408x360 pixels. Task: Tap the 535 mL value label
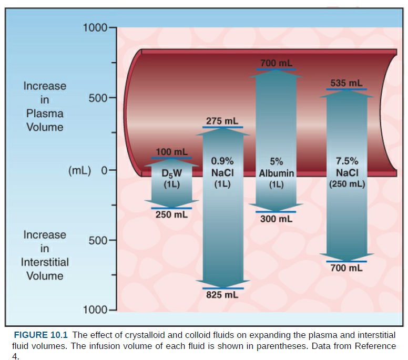346,83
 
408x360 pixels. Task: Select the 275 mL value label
222,121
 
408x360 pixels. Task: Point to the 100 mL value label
171,152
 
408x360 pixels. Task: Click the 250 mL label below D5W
171,214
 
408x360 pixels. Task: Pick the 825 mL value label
222,295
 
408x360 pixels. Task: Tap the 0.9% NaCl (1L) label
222,172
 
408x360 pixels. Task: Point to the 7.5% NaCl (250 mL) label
347,172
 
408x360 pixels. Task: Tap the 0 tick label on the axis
104,170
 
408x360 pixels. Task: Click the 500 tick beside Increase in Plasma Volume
98,98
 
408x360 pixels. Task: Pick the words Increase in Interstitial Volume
45,255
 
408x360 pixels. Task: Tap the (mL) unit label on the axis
80,170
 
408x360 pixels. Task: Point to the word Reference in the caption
374,345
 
